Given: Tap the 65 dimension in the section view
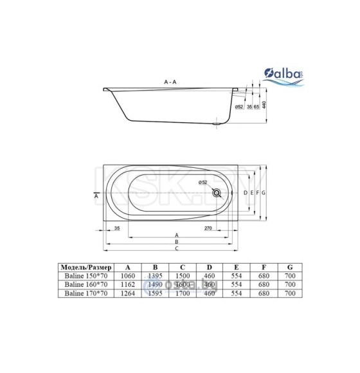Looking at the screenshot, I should point(256,106).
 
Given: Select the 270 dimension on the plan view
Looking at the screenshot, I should point(208,228).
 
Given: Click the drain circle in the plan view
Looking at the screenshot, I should point(219,192).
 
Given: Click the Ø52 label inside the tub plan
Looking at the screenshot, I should point(202,183).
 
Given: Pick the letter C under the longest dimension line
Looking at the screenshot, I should point(176,249).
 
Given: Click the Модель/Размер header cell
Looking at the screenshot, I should point(85,266).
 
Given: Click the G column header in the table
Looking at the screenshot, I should point(290,266).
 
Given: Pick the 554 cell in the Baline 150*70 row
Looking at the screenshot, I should point(236,275).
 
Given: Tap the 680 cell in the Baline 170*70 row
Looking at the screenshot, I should point(263,293).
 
